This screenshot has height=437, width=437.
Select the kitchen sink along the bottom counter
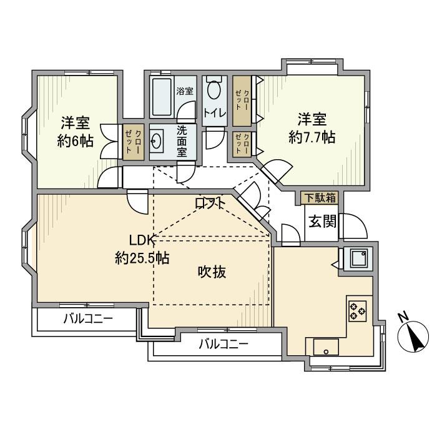326,346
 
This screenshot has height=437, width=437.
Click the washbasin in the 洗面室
159,141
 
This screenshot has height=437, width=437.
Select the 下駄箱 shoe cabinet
320,197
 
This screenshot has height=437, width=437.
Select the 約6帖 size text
76,141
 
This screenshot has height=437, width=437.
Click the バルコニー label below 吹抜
223,343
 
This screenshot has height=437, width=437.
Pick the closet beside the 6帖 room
132,141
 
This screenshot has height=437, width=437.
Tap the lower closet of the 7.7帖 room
242,145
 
